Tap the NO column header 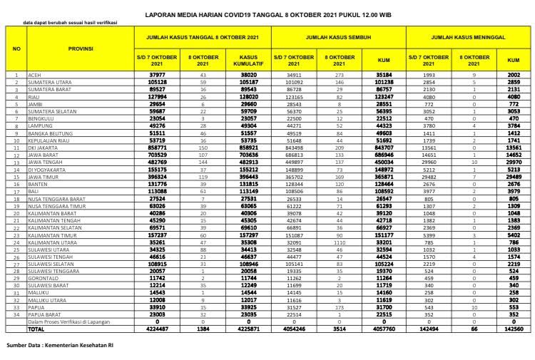tap(16, 49)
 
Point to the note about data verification tap(70, 23)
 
